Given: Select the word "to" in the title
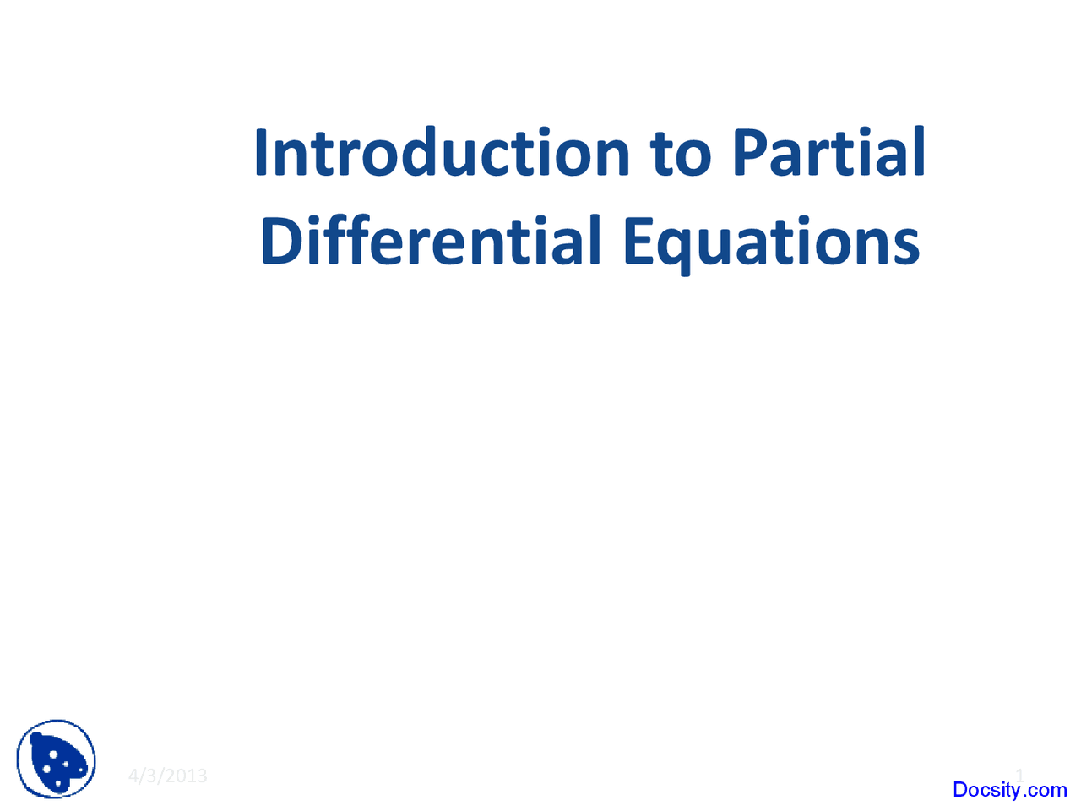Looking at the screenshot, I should point(681,154).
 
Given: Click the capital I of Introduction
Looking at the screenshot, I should point(262,153).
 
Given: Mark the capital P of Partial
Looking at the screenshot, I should point(750,154).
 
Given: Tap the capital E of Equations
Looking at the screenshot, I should point(639,241).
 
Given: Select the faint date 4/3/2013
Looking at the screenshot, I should point(167,776).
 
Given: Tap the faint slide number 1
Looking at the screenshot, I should point(1019,775).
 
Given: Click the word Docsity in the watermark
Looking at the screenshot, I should point(986,790).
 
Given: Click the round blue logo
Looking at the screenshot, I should point(57,759).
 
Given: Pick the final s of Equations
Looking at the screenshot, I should point(908,245).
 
